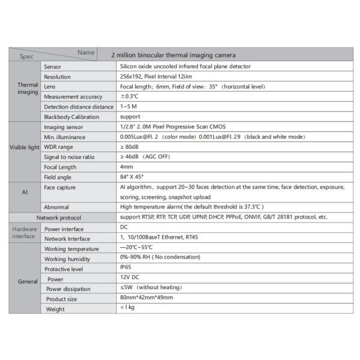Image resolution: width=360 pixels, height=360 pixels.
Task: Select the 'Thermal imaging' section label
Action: click(x=26, y=89)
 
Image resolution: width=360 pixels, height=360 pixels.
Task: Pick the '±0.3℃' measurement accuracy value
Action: click(x=129, y=96)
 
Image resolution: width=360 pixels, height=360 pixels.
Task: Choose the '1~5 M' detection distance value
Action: click(x=129, y=106)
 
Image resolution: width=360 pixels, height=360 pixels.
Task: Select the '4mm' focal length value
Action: click(x=127, y=166)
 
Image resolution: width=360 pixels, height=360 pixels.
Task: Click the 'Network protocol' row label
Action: click(x=58, y=217)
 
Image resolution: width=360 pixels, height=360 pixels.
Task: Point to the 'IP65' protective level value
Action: click(x=126, y=268)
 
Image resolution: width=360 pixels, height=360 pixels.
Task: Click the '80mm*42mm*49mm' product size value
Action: click(x=146, y=298)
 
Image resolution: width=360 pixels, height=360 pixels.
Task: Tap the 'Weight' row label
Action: click(x=56, y=309)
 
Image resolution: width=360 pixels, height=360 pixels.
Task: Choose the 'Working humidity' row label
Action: click(x=67, y=259)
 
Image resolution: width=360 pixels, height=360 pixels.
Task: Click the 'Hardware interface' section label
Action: click(x=24, y=232)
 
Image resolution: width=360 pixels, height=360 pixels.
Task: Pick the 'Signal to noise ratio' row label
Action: click(x=70, y=157)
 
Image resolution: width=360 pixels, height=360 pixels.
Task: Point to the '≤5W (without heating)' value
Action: click(x=148, y=288)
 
